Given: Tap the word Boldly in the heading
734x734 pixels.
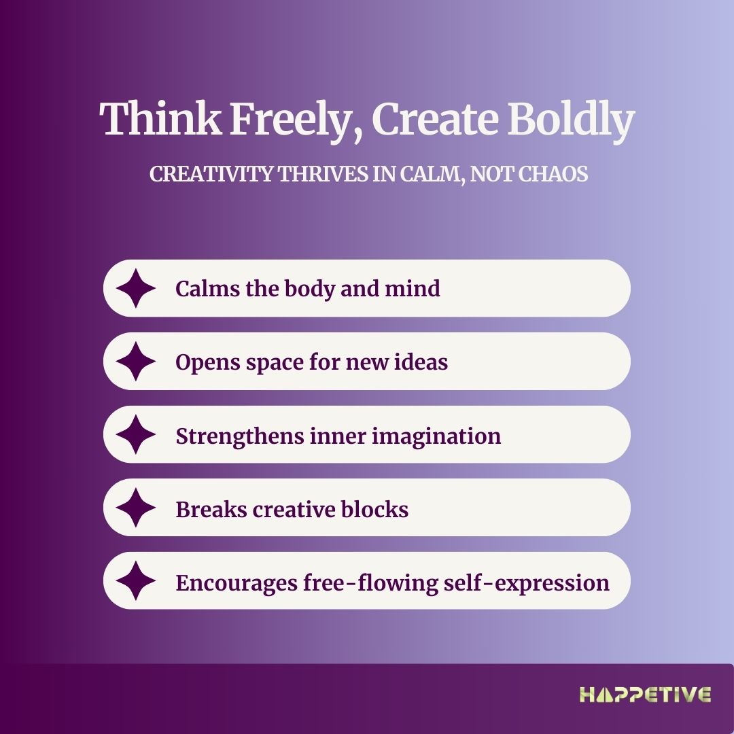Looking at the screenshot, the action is [x=571, y=120].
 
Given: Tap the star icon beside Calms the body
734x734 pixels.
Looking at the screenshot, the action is [x=136, y=288].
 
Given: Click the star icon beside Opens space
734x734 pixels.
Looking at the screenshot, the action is [x=136, y=362].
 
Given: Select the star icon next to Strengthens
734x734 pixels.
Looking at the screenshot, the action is [x=136, y=434].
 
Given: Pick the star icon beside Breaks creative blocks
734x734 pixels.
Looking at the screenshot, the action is [x=136, y=508].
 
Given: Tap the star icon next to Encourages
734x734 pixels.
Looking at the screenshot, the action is [x=136, y=580].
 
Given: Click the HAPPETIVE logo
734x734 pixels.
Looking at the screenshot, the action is [x=646, y=695].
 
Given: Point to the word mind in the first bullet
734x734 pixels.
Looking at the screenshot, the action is [x=413, y=288].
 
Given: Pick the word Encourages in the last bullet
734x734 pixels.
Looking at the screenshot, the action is [x=237, y=584].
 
